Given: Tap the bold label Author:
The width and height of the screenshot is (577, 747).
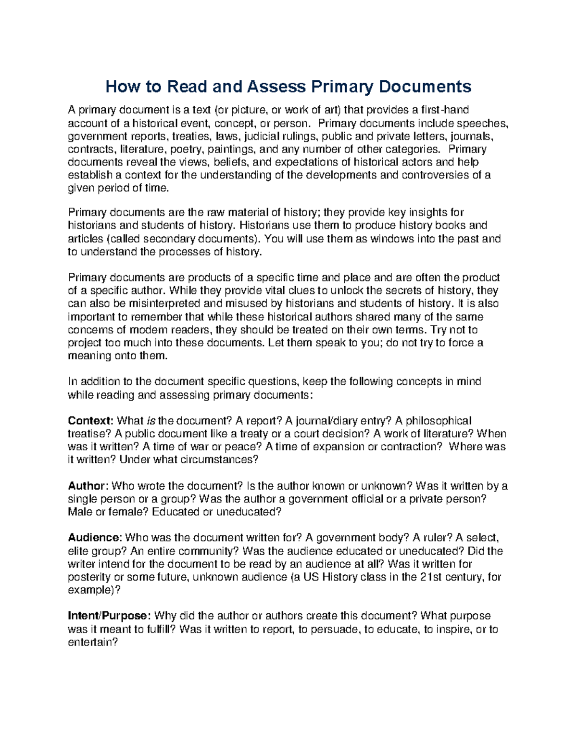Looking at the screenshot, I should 88,486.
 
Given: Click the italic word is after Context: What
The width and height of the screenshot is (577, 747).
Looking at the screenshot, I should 151,421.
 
